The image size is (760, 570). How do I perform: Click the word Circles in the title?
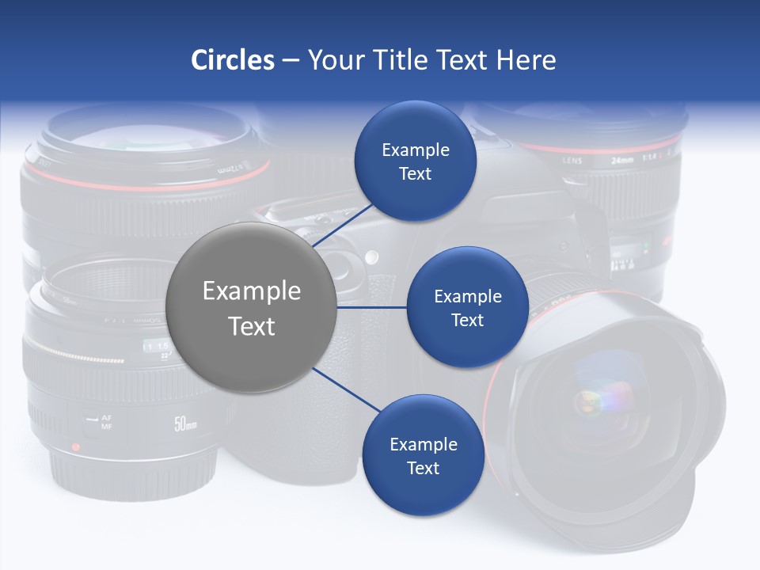(232, 60)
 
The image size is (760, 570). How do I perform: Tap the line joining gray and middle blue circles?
(372, 307)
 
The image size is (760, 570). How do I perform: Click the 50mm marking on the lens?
(185, 424)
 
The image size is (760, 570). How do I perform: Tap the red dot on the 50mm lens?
(75, 447)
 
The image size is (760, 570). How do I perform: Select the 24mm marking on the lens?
(622, 160)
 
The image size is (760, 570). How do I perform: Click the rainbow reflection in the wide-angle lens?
(598, 400)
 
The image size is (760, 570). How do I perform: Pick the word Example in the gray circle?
(252, 291)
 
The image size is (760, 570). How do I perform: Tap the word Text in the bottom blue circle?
(423, 468)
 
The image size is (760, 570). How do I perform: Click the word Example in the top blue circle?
(415, 150)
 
